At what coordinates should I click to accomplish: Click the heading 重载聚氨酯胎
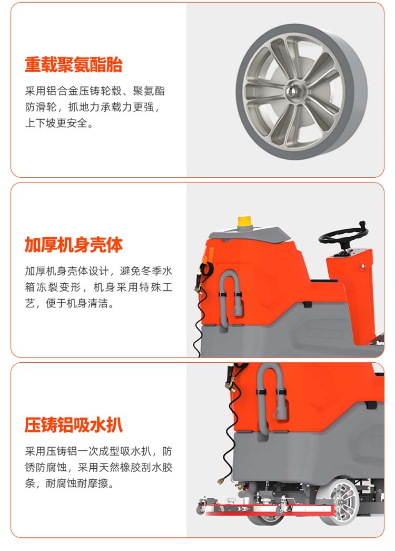click(x=73, y=64)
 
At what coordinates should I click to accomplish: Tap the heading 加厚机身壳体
click(x=73, y=245)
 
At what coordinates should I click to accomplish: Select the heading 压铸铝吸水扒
click(x=73, y=424)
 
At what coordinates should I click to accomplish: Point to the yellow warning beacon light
click(x=243, y=222)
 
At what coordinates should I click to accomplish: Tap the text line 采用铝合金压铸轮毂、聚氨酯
click(x=95, y=91)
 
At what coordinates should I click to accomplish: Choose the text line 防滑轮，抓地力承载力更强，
click(x=92, y=107)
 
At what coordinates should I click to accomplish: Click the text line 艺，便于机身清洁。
click(x=70, y=303)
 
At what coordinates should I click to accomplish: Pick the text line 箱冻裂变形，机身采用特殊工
click(x=98, y=287)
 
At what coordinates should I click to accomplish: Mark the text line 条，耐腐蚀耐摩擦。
click(x=70, y=483)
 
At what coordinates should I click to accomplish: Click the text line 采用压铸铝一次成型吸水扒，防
click(x=98, y=451)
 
